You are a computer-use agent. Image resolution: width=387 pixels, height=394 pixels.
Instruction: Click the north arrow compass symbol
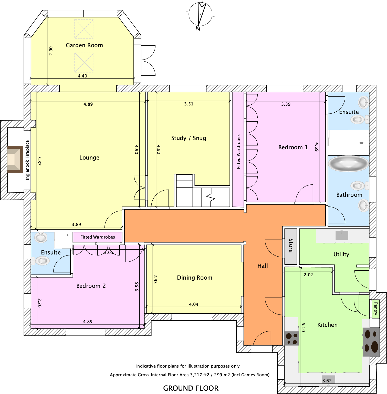(x=200, y=15)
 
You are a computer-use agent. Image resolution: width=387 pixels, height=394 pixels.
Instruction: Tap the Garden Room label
(x=84, y=45)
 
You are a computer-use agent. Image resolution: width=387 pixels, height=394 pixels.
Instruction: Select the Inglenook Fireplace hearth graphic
(x=15, y=159)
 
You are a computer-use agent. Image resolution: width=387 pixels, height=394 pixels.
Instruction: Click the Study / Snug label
(x=189, y=138)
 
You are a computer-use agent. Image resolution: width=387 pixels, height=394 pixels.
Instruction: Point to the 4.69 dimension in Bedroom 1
(x=317, y=147)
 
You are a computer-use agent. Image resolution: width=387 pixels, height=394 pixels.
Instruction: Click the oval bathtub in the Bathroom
(x=348, y=163)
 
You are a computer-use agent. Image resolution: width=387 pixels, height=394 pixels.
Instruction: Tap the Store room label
(x=291, y=246)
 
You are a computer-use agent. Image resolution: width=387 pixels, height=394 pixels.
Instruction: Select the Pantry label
(x=375, y=309)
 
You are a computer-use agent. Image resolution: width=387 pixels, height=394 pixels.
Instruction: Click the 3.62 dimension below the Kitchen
(x=327, y=381)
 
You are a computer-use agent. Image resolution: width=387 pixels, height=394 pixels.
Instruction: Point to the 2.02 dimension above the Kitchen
(x=308, y=275)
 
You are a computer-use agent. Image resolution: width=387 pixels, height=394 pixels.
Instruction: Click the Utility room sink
(x=342, y=235)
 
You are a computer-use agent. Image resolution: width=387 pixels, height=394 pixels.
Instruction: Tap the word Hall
(x=263, y=266)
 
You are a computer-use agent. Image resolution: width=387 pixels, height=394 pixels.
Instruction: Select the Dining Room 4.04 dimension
(x=194, y=304)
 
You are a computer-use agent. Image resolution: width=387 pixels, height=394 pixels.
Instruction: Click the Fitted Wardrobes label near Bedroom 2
(x=98, y=237)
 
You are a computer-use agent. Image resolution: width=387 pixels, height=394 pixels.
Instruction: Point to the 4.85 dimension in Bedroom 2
(x=88, y=322)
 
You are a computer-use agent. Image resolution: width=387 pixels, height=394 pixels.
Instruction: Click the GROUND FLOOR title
(x=191, y=388)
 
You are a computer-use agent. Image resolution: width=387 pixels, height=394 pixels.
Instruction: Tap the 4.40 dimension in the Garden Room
(x=82, y=76)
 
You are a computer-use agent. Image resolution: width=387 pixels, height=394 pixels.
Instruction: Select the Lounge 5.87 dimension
(x=39, y=161)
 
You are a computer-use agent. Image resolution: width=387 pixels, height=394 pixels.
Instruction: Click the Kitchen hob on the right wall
(x=371, y=342)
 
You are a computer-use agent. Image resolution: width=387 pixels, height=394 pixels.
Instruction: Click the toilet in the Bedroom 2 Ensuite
(x=41, y=261)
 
